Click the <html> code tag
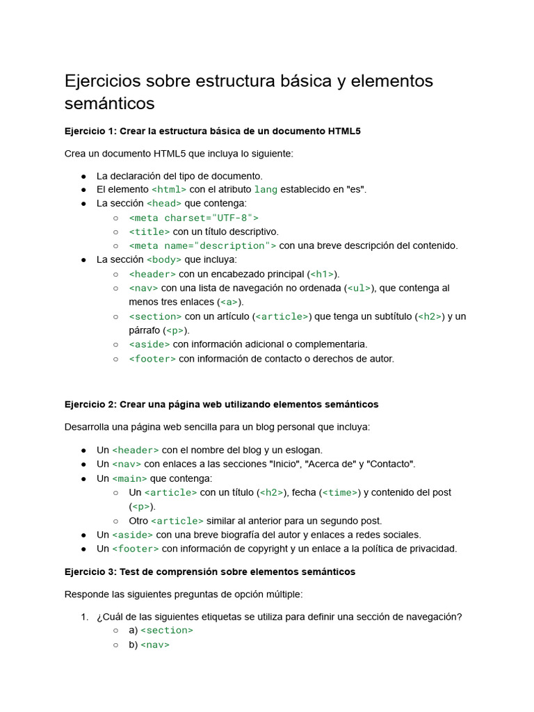[169, 189]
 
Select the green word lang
[266, 189]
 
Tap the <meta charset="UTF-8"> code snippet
[193, 218]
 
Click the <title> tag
[149, 232]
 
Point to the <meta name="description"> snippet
[202, 245]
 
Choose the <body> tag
[164, 259]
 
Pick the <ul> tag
[359, 288]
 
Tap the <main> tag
[129, 478]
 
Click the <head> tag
[164, 203]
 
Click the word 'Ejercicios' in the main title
[102, 81]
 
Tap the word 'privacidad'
[433, 549]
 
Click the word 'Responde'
[86, 594]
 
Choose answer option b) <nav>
[149, 645]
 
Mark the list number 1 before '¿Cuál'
[84, 617]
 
